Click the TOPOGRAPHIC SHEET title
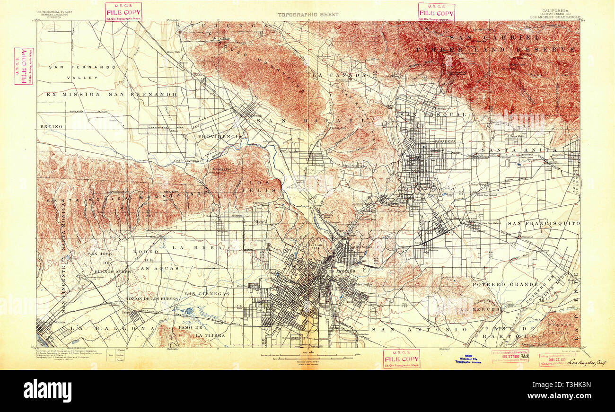tap(307, 14)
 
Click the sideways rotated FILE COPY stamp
tap(23, 66)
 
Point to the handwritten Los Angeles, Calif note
tap(587, 363)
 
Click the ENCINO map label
tap(48, 127)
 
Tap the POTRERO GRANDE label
tap(505, 284)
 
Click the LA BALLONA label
tap(112, 327)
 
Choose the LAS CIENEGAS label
tap(207, 294)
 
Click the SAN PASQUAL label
tap(433, 115)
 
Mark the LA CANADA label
tap(339, 75)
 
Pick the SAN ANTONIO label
tap(419, 329)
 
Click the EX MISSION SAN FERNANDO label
tap(111, 95)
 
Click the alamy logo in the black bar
tap(47, 391)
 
